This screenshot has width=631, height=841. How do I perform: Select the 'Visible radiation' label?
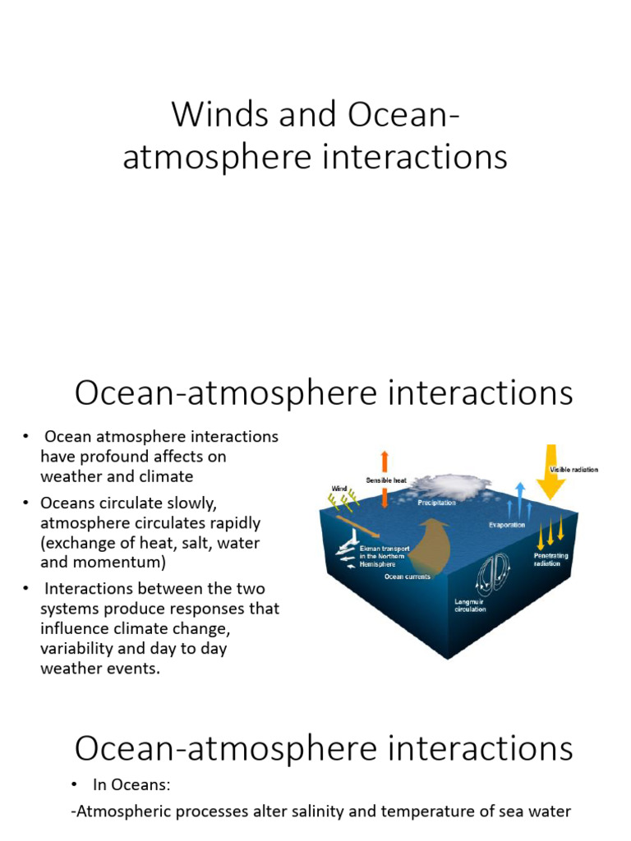click(573, 470)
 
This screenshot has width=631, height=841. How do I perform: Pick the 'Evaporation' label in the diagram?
click(507, 525)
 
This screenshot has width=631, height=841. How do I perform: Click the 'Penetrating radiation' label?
click(550, 559)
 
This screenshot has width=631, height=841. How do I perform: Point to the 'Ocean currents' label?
click(408, 577)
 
